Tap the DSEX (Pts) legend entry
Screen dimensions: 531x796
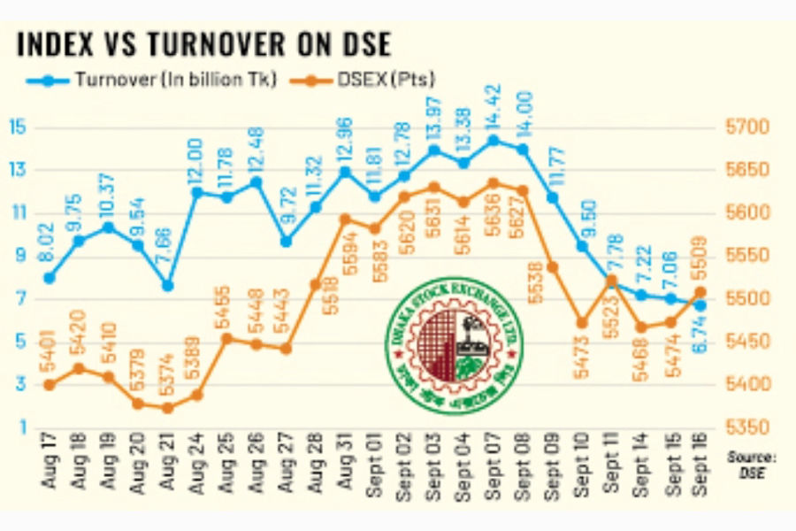[x=371, y=80]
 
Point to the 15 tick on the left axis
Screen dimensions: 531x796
[x=19, y=127]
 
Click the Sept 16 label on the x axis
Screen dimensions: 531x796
[x=700, y=469]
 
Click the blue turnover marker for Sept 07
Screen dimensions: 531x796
[x=494, y=140]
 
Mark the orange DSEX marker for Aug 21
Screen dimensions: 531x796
[x=167, y=408]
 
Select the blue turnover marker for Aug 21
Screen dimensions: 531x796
[x=167, y=286]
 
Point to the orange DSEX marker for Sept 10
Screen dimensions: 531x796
[x=582, y=323]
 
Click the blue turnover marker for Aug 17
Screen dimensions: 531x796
[x=50, y=278]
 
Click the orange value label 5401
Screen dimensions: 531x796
[x=50, y=350]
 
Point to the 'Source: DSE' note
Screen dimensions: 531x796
[x=750, y=465]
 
